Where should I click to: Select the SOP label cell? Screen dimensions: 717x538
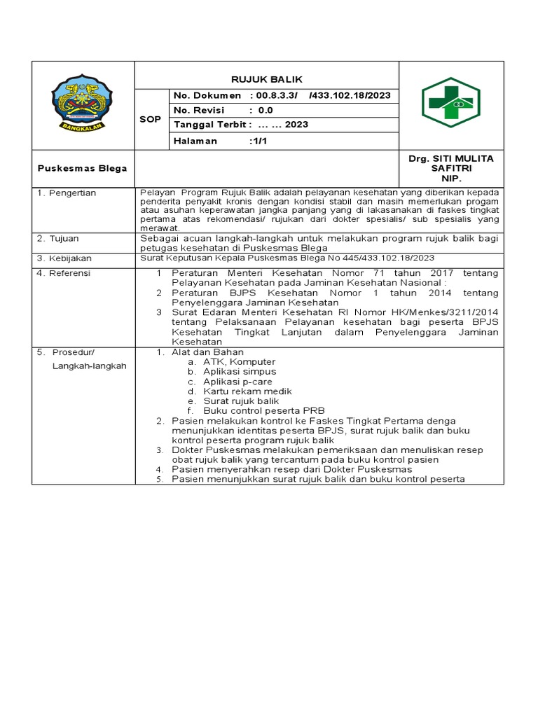[x=150, y=119]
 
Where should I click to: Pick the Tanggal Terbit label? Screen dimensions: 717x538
[x=210, y=125]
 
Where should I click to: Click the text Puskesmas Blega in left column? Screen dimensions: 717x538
[x=82, y=168]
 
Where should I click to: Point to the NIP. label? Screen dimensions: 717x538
[x=450, y=179]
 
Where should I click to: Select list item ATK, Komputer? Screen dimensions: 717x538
[x=229, y=361]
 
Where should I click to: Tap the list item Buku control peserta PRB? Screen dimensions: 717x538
[x=263, y=410]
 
